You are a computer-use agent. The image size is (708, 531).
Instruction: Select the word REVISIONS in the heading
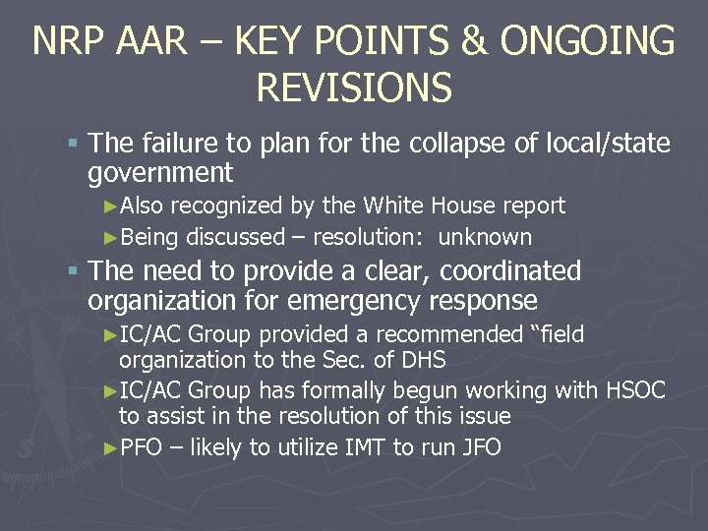coord(353,88)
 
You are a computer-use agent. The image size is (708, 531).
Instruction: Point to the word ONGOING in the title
coord(587,42)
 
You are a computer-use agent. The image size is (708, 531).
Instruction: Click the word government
coord(160,174)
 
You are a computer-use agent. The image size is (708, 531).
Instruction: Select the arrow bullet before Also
coord(110,206)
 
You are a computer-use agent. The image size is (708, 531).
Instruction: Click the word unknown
coord(485,237)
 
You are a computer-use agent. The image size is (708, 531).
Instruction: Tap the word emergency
coord(355,300)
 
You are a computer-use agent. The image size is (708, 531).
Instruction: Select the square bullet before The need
coord(74,271)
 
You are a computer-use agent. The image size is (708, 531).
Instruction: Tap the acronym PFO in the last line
coord(141,448)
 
